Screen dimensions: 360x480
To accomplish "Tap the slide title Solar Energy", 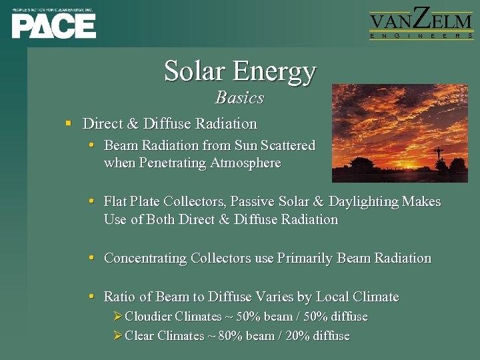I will pyautogui.click(x=240, y=71).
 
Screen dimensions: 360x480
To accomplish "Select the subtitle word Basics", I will pyautogui.click(x=240, y=98).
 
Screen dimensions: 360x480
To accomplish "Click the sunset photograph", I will pyautogui.click(x=404, y=133).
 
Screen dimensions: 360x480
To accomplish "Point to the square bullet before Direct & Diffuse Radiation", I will pyautogui.click(x=68, y=124).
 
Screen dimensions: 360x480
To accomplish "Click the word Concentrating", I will pyautogui.click(x=145, y=258).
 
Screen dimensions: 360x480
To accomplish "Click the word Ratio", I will pyautogui.click(x=119, y=297).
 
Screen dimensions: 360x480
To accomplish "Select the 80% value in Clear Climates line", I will pyautogui.click(x=231, y=336).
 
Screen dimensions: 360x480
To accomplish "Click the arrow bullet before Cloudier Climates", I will pyautogui.click(x=118, y=317).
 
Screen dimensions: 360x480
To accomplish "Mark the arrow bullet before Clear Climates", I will pyautogui.click(x=118, y=336).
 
